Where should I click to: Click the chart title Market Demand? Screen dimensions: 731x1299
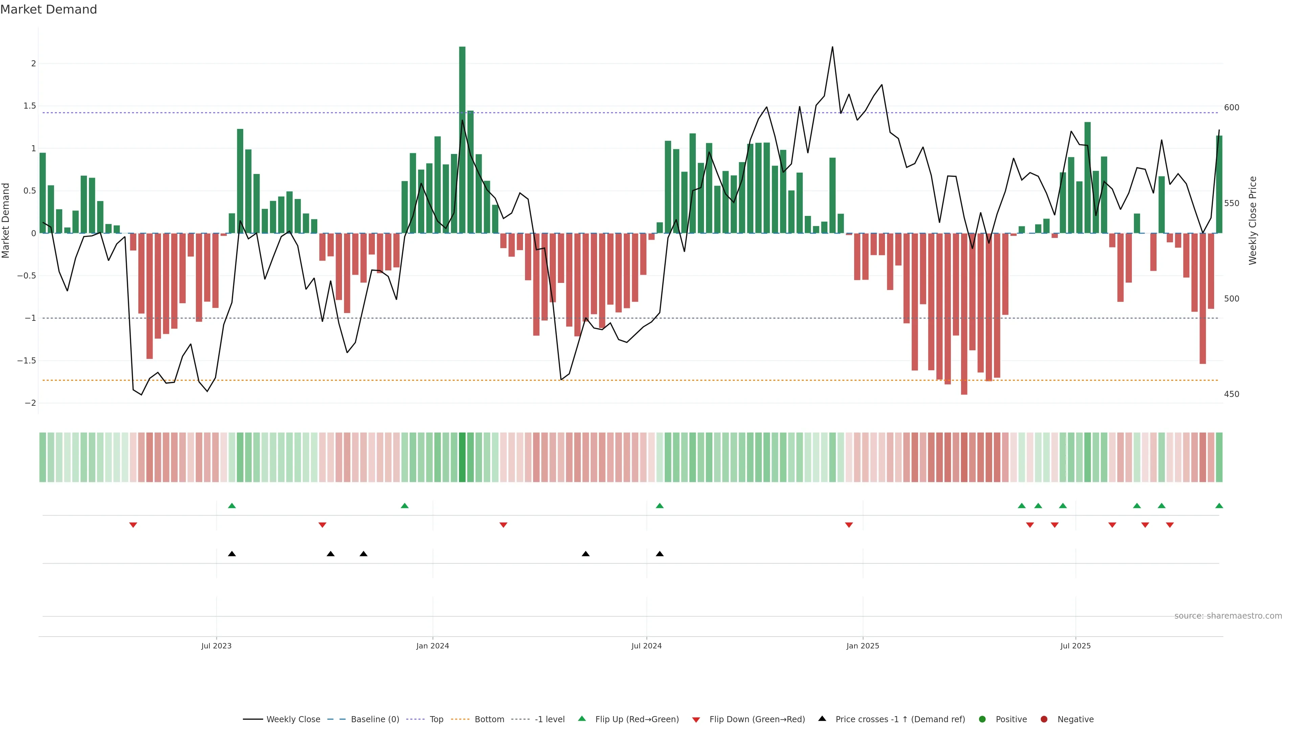pos(48,9)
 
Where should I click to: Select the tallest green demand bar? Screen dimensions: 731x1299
pos(462,139)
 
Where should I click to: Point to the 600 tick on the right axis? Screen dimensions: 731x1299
pos(1231,108)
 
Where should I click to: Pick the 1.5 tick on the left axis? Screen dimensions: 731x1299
pos(30,106)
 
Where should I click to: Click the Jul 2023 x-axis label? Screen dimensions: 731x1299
pos(216,646)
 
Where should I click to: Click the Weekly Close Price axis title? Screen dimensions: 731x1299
pos(1253,220)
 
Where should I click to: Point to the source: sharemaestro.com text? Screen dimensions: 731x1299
pos(1228,616)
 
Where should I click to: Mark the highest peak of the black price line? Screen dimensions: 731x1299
pos(832,47)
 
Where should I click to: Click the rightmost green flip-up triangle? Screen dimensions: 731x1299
pos(1219,506)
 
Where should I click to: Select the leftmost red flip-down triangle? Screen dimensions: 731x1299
pos(133,525)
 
